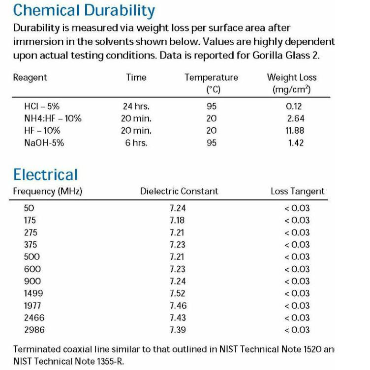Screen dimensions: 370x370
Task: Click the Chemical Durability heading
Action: (84, 10)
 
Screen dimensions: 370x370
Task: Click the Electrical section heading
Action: (45, 174)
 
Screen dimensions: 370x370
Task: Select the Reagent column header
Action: (30, 77)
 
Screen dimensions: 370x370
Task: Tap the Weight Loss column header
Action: (292, 78)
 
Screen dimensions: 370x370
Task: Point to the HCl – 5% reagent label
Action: (42, 106)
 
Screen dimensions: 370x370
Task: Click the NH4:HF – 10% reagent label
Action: (53, 118)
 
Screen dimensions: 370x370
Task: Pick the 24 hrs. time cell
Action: (136, 106)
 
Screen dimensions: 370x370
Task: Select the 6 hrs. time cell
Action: (136, 143)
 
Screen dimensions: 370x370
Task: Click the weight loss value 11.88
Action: (296, 131)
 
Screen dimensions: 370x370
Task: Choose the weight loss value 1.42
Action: (296, 143)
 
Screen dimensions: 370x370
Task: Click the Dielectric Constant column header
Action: (179, 192)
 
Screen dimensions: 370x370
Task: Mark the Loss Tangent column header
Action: (298, 192)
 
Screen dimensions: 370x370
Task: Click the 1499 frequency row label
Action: (33, 293)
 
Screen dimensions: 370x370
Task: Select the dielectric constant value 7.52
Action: (178, 293)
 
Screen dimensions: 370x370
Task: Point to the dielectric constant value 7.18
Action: (178, 220)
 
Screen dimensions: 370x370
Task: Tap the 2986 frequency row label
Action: (34, 330)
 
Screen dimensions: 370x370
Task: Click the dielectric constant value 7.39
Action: (178, 330)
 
